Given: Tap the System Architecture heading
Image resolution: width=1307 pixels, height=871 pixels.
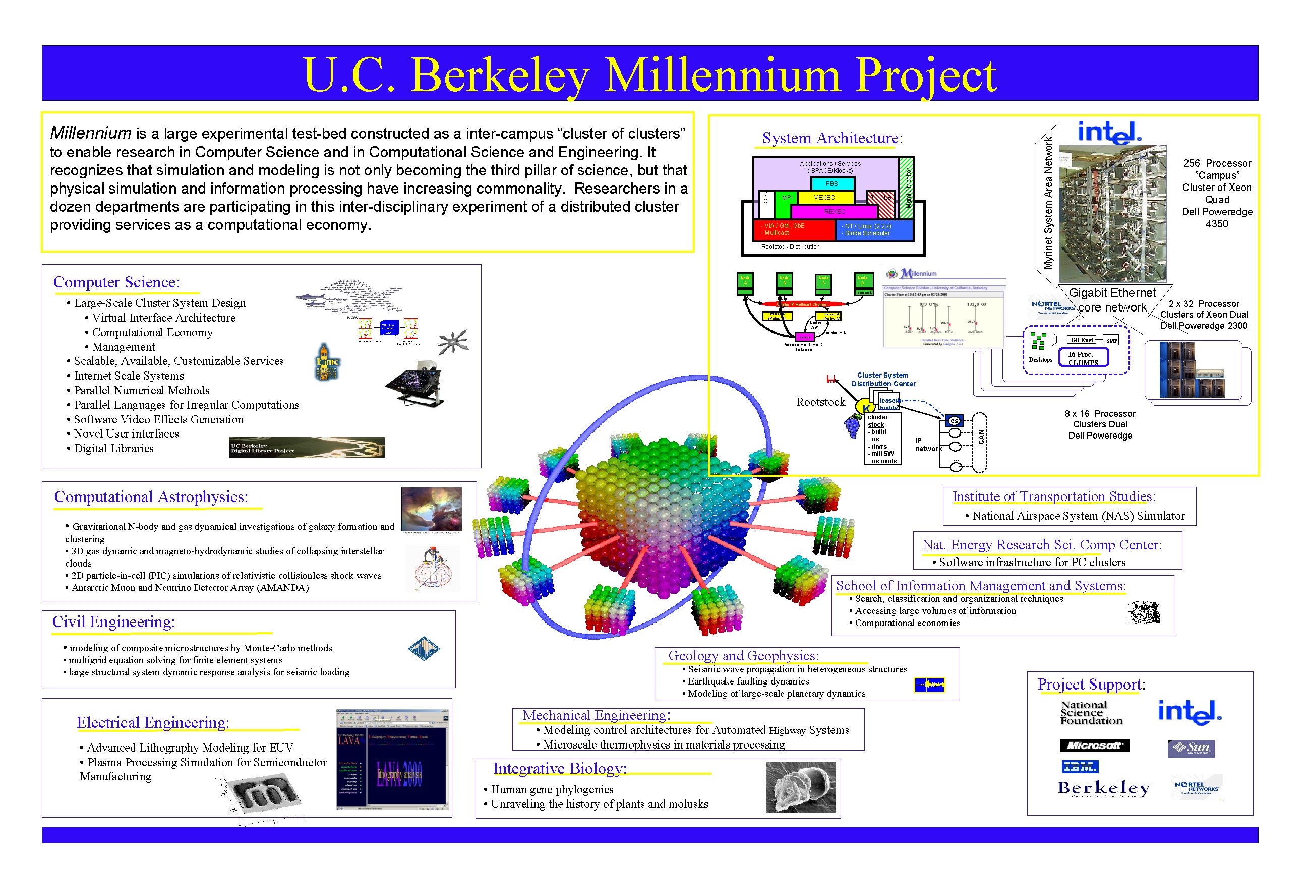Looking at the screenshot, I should (x=832, y=138).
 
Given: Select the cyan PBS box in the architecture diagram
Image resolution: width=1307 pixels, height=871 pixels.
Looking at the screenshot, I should (x=831, y=183).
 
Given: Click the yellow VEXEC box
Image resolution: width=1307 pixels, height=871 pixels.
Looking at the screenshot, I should (x=824, y=197).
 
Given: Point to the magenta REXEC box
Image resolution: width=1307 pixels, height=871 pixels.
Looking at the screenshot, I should (x=834, y=211).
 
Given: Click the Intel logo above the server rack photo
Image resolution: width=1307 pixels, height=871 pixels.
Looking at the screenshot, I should (x=1109, y=132).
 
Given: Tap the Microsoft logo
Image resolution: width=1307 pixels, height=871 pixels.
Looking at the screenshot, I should (x=1094, y=745).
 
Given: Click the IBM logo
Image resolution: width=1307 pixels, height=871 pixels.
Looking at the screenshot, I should (x=1080, y=767).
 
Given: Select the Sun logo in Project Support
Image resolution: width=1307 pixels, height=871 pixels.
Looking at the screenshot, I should (x=1191, y=748).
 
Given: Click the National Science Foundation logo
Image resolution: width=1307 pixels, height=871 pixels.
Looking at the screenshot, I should (x=1091, y=713).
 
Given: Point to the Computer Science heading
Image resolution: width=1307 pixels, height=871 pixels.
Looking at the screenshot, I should (x=116, y=282).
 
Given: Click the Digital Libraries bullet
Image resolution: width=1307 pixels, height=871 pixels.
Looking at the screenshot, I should (x=113, y=448).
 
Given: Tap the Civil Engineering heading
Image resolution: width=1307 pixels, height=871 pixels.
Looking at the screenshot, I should (x=113, y=622).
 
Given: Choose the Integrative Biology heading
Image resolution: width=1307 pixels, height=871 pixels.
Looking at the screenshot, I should (x=560, y=768).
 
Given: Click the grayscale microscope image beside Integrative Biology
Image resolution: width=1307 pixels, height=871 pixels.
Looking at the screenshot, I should (x=800, y=787).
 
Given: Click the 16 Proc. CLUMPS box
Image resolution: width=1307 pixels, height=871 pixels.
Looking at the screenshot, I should (x=1083, y=358).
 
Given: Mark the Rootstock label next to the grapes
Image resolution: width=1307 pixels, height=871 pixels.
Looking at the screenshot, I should (x=820, y=402).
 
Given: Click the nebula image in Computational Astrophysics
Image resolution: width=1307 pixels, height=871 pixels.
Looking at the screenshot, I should (x=431, y=510).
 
